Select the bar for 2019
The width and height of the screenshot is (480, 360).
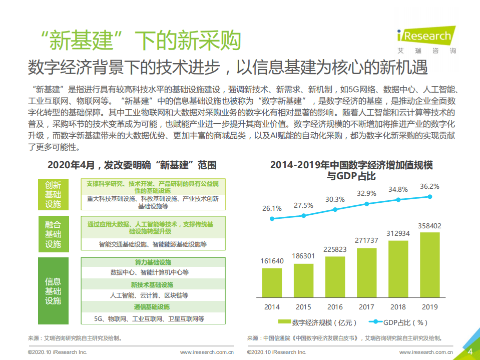point(430,264)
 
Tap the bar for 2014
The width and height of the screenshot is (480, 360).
point(272,282)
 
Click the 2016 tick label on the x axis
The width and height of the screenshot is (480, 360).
point(335,307)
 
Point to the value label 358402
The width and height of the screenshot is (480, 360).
point(430,226)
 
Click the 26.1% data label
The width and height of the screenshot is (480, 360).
point(272,208)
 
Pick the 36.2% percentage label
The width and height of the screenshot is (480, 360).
point(429,186)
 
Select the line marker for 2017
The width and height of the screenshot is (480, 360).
point(367,204)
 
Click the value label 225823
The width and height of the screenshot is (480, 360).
point(335,249)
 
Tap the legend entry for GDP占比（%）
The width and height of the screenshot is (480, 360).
point(400,322)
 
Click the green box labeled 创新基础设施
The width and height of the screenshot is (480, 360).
point(53,194)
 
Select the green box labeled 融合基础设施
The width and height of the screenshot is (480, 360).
point(53,234)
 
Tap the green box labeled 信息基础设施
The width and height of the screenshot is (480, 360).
point(53,291)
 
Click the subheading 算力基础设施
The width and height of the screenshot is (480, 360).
point(153,262)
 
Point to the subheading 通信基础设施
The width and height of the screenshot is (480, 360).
point(153,307)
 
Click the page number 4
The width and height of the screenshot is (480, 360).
point(470,351)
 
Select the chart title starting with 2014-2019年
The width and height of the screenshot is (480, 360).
point(351,170)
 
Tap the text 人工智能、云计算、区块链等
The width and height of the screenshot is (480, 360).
point(149,295)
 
